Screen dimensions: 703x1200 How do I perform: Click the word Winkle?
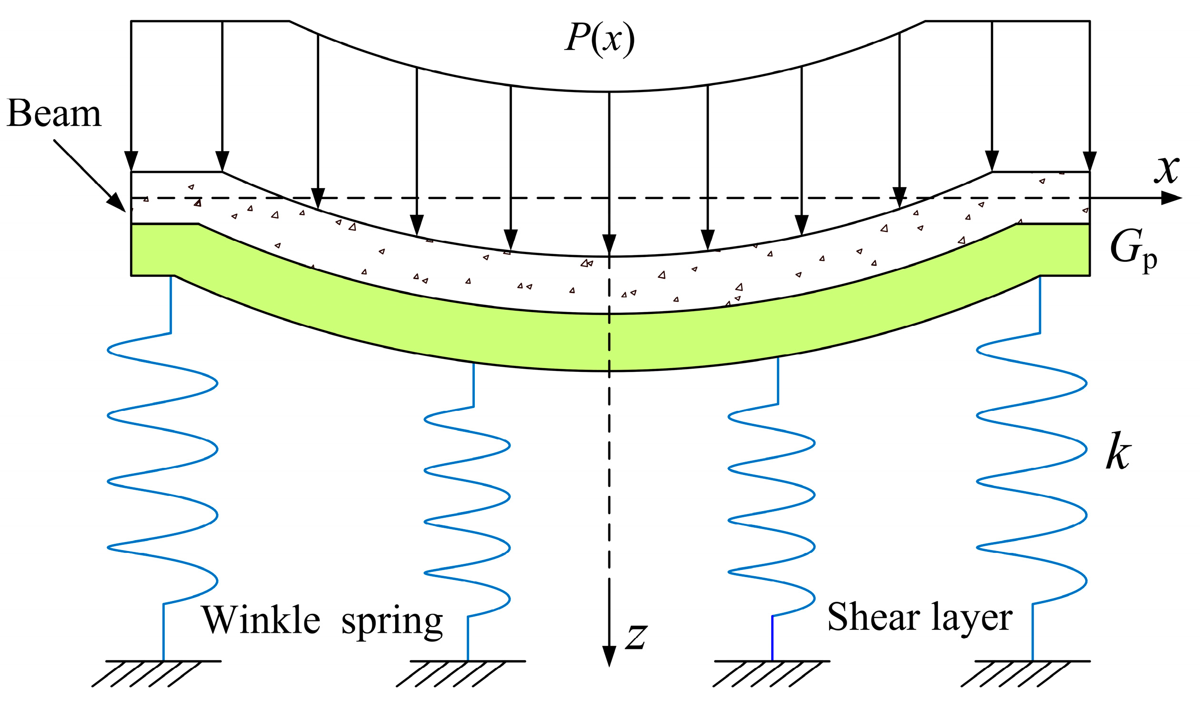[x=261, y=620]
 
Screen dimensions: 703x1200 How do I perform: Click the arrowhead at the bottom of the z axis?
[x=609, y=657]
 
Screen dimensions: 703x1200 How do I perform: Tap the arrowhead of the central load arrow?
[x=609, y=245]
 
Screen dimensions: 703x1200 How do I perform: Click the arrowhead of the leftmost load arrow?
[x=131, y=161]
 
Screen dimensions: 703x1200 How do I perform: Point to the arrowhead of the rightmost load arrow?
[x=1090, y=161]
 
